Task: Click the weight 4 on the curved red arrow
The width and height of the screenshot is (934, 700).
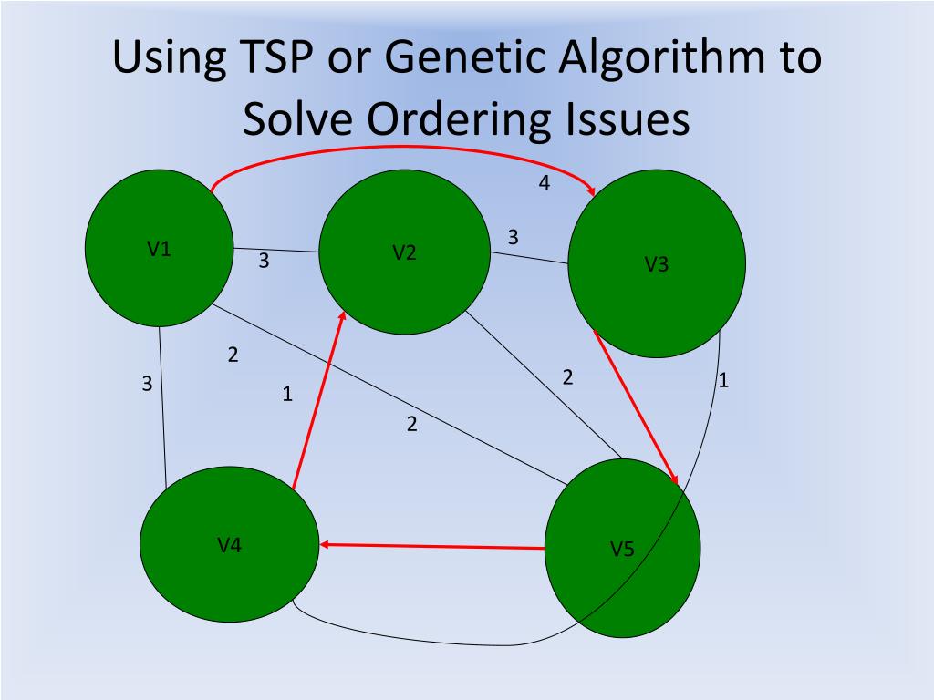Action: coord(545,183)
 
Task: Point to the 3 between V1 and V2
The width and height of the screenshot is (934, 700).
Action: coord(264,261)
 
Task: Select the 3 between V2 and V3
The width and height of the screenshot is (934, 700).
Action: coord(513,237)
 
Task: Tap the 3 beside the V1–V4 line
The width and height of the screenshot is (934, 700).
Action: coord(147,385)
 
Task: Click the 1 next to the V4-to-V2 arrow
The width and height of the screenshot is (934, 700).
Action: coord(287,395)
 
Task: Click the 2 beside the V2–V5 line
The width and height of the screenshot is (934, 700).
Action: coord(567,376)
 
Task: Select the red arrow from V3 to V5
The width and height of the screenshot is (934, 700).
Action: coord(636,407)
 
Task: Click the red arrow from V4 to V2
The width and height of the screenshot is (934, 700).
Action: coord(318,401)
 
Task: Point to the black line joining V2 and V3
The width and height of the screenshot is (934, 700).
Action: coord(529,258)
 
